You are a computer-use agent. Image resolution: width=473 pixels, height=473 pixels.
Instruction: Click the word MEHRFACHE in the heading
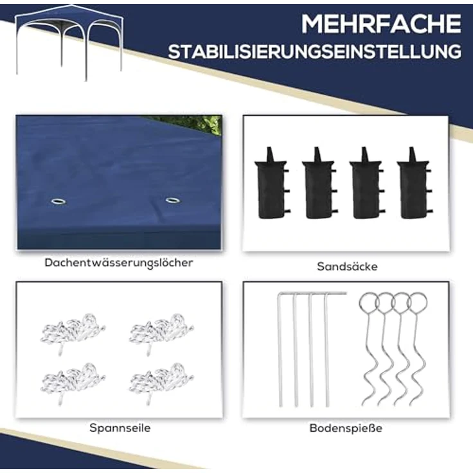pos(381,24)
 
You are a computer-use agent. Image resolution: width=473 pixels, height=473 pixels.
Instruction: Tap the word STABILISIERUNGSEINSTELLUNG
pos(314,52)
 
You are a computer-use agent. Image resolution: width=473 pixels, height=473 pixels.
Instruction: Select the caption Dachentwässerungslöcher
pos(119,262)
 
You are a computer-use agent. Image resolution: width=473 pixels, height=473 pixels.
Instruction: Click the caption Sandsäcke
pos(347,266)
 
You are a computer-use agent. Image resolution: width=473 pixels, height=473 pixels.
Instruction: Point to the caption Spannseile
pos(120,427)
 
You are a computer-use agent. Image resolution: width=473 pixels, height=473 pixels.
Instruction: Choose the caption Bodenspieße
pos(346,427)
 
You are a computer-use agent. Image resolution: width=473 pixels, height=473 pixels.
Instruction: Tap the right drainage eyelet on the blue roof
pos(172,200)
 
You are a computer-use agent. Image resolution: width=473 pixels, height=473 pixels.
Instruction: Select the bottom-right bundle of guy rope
pos(161,380)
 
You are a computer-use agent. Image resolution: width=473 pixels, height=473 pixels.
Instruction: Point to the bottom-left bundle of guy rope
pos(72,380)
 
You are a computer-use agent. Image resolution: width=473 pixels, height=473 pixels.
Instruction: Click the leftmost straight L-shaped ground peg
pos(280,350)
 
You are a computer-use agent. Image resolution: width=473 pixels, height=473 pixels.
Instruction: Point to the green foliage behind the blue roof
pos(202,123)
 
